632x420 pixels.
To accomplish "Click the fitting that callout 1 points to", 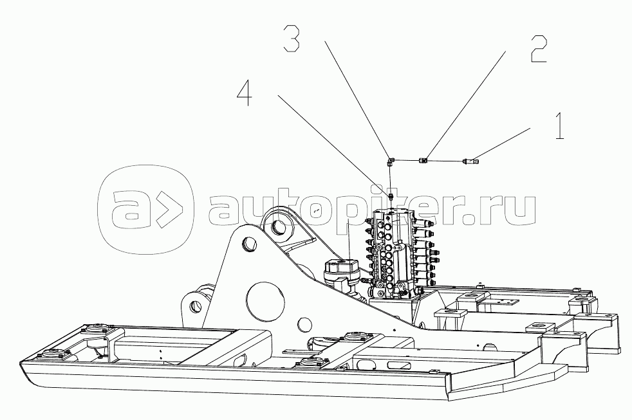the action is [469, 161].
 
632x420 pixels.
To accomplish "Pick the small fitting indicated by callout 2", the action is [423, 160].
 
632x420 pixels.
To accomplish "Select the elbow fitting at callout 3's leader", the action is [390, 160].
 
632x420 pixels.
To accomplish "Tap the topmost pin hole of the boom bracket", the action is [279, 226].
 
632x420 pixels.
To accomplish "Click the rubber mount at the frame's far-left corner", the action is [50, 352].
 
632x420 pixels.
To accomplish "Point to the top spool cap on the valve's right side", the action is [426, 227].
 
